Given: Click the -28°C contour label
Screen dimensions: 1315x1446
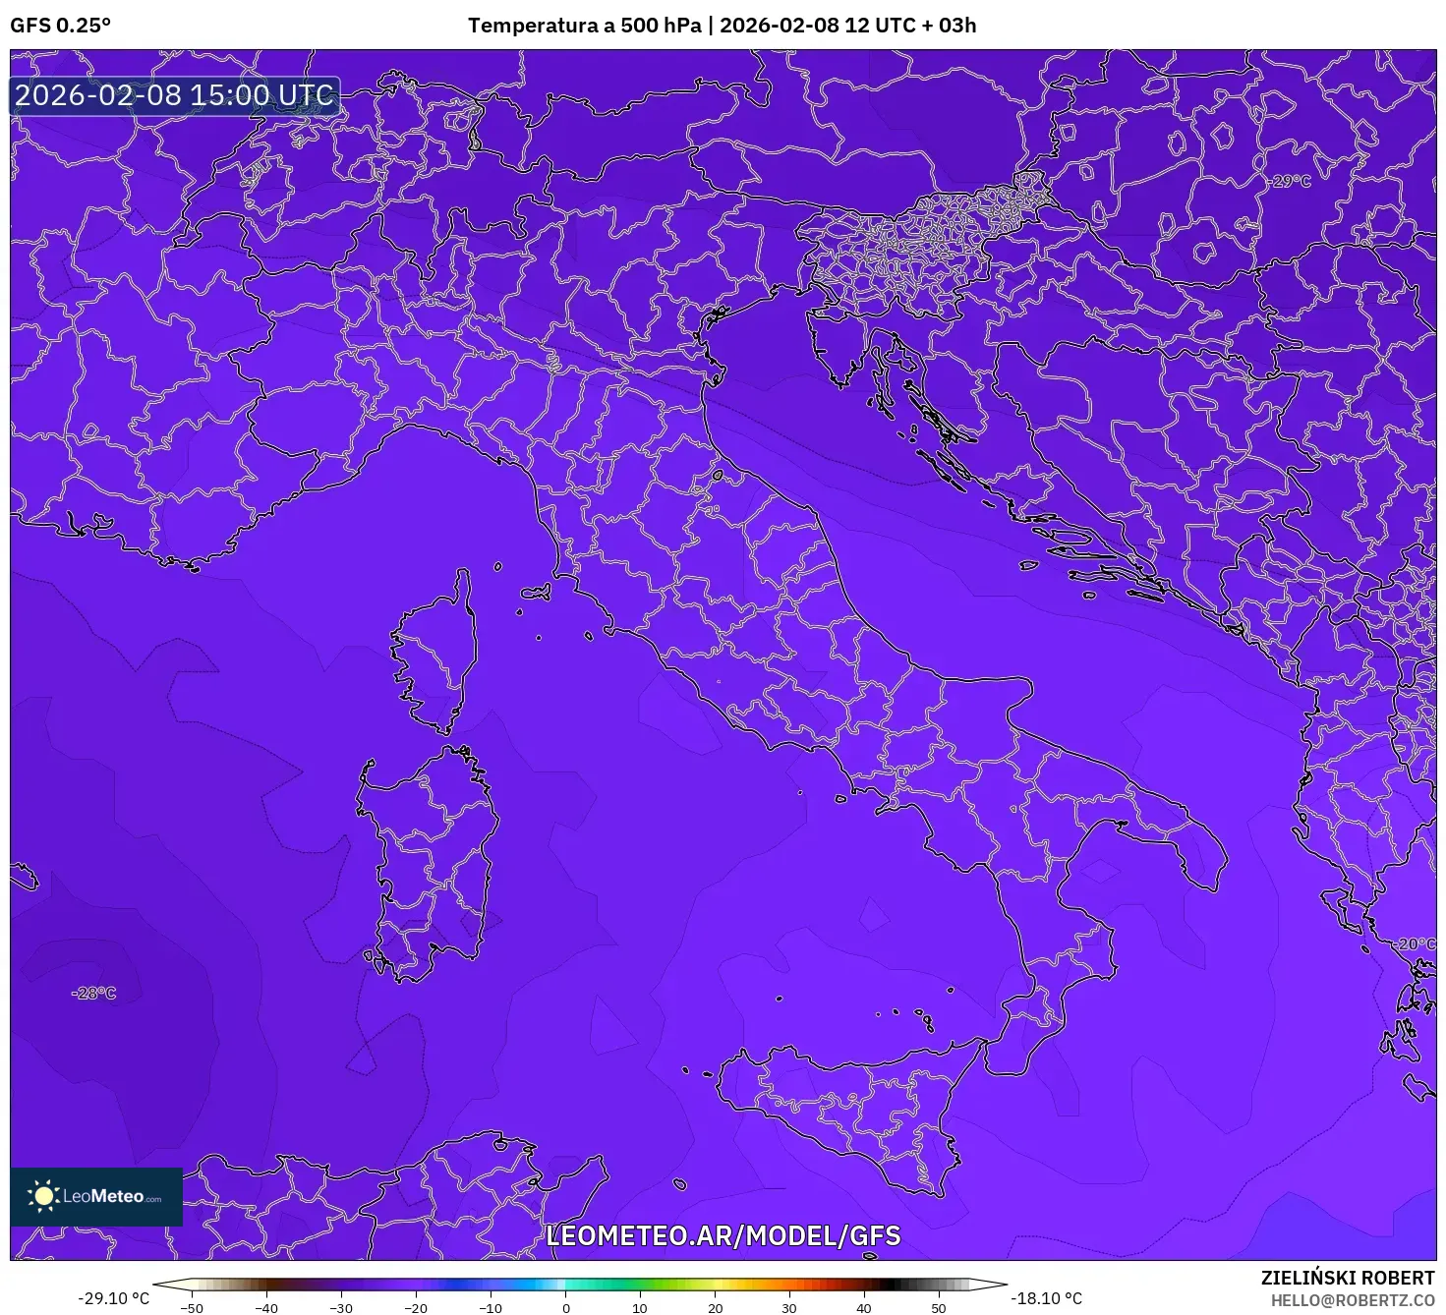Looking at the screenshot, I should click(93, 994).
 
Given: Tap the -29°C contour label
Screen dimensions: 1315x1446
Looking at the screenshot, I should click(1290, 181).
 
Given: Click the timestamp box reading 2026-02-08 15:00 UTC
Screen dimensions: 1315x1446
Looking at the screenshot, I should click(175, 95).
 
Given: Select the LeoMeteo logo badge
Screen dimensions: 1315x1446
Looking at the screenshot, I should click(96, 1196).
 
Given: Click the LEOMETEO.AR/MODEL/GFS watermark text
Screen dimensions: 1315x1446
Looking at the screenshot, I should click(723, 1235).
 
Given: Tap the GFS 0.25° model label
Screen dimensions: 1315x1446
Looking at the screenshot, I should click(61, 26).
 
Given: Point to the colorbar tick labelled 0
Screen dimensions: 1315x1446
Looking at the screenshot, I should click(565, 1308).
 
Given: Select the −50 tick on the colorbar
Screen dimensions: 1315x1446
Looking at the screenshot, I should click(192, 1308).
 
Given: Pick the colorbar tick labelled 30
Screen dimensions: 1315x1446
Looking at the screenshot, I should click(789, 1308).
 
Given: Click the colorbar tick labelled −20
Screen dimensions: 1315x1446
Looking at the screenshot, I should click(415, 1308).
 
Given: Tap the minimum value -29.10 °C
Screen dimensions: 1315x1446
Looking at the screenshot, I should click(114, 1298).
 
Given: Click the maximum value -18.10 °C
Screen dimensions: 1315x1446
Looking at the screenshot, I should click(1047, 1298).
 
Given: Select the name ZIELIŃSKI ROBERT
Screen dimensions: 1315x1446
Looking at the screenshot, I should click(1348, 1278).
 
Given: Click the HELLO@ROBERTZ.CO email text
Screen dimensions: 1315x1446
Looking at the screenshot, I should click(1353, 1300).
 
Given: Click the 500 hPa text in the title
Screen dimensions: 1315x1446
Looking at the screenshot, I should click(661, 26).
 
